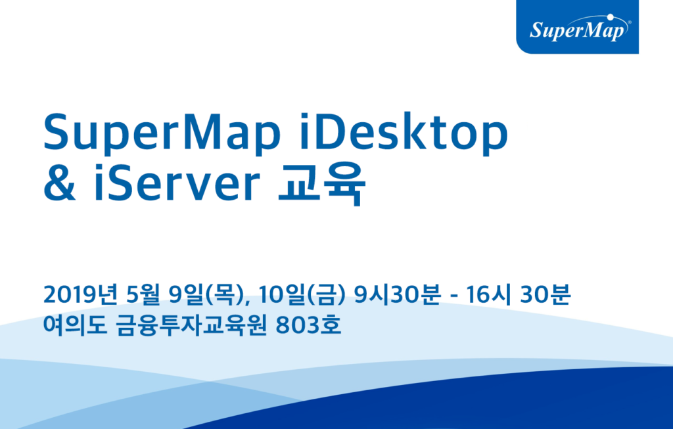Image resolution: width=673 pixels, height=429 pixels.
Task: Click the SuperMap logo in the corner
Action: [x=578, y=29]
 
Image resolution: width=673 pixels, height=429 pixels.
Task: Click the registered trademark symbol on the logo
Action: [x=629, y=22]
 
